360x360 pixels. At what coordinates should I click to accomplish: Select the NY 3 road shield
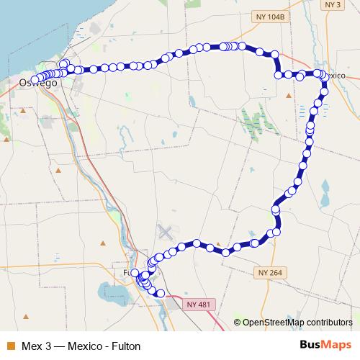pyautogui.click(x=333, y=5)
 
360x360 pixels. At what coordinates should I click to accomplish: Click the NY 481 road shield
pyautogui.click(x=198, y=305)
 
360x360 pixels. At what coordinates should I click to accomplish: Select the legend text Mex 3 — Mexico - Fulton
pyautogui.click(x=76, y=345)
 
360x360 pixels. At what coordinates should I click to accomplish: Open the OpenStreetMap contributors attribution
pyautogui.click(x=297, y=322)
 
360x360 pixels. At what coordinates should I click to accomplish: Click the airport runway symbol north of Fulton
pyautogui.click(x=166, y=233)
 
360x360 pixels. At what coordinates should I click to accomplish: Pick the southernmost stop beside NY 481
pyautogui.click(x=160, y=293)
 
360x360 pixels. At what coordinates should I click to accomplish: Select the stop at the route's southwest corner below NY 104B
pyautogui.click(x=279, y=74)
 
